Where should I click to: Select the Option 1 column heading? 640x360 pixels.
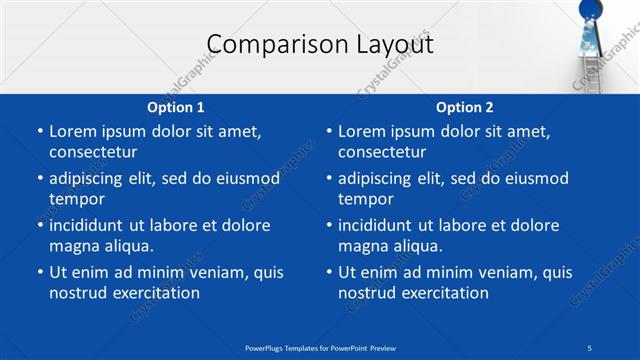click(x=176, y=107)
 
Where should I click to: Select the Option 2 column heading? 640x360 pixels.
click(x=465, y=107)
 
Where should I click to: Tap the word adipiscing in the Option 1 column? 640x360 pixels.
click(x=93, y=178)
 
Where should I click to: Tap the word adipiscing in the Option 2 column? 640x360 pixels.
click(x=382, y=178)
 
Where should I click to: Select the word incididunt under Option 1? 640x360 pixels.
click(x=95, y=225)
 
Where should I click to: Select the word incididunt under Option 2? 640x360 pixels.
click(x=384, y=225)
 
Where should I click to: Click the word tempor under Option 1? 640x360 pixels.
click(x=77, y=199)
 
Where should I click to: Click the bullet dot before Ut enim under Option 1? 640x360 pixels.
click(x=39, y=272)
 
